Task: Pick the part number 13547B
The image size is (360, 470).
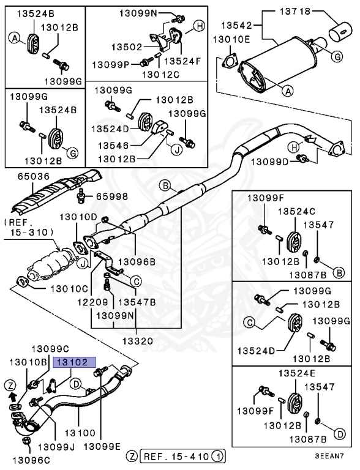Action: [x=136, y=302]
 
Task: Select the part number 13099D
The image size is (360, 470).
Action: [x=268, y=161]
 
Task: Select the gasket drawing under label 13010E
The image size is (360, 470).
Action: [x=230, y=61]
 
